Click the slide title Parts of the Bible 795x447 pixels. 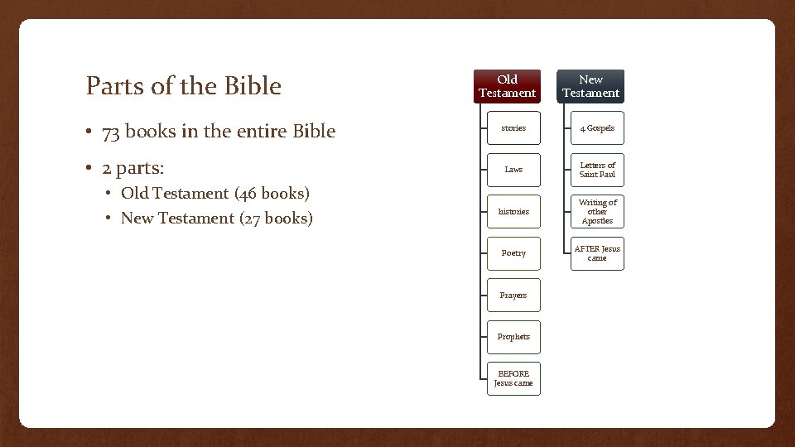click(184, 86)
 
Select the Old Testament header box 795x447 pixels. click(508, 86)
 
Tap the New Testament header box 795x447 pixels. click(590, 86)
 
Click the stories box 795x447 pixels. click(513, 128)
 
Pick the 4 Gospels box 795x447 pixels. click(597, 128)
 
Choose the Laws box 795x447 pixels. click(513, 170)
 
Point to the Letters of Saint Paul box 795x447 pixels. click(597, 170)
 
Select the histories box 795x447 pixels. click(513, 211)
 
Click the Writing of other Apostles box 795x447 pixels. click(597, 211)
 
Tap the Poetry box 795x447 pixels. click(513, 253)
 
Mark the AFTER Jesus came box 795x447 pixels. click(597, 253)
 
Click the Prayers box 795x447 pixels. click(513, 296)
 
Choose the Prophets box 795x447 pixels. click(513, 337)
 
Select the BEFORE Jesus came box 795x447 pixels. click(513, 378)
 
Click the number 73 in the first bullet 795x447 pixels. click(112, 132)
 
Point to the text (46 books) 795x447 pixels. click(272, 194)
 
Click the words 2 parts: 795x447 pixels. click(133, 169)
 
